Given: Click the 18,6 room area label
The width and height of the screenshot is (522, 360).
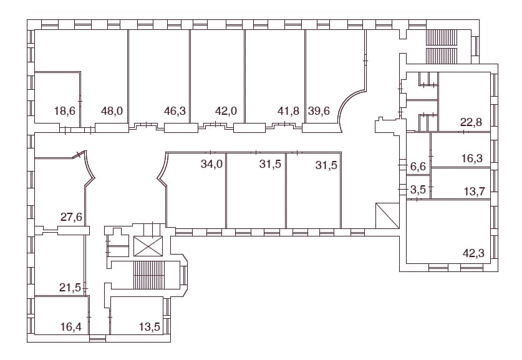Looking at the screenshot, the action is click(x=65, y=110).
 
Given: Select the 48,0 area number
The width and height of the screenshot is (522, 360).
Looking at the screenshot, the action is click(x=112, y=110).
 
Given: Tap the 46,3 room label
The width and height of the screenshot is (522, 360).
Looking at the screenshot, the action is click(x=175, y=110).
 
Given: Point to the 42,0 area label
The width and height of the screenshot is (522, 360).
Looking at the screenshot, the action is click(x=226, y=110).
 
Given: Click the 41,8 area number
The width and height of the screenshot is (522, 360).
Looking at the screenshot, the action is click(x=288, y=110).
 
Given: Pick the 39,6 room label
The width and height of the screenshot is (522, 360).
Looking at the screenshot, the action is click(x=319, y=110).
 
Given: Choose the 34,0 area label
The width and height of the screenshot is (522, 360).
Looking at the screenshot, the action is click(x=211, y=164).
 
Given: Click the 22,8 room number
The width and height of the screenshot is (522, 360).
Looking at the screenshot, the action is click(x=471, y=122).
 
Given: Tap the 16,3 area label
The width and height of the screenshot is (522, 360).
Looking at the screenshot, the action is click(x=472, y=158).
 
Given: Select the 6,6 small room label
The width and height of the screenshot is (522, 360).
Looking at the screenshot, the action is click(x=418, y=166).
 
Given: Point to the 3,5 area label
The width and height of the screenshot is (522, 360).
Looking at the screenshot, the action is click(x=418, y=190).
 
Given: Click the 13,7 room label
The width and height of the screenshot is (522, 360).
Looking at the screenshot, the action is click(x=475, y=192).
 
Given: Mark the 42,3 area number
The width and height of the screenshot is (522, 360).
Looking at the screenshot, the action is click(x=474, y=253).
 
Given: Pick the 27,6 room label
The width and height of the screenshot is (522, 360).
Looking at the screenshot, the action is click(x=71, y=217).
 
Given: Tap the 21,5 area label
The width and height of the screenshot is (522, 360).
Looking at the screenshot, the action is click(x=70, y=288).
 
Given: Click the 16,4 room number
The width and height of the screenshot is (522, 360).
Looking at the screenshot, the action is click(x=71, y=327).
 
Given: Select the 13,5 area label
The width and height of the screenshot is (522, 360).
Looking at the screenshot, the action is click(x=150, y=327).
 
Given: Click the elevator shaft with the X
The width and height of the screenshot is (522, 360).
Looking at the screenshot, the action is click(x=148, y=246).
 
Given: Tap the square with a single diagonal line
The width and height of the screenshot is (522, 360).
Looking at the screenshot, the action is click(x=387, y=215).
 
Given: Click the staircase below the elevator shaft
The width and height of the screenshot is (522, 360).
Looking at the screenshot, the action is click(x=149, y=275).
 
